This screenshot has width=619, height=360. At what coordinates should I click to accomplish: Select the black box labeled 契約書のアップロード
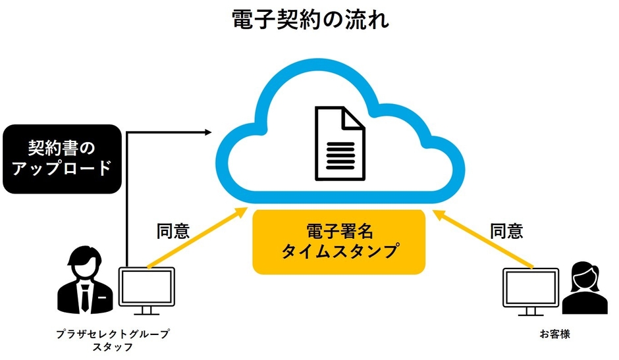[x=63, y=158]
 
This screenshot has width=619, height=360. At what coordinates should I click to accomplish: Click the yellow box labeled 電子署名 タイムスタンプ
[x=339, y=242]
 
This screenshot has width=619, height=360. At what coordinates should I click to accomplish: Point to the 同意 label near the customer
[x=506, y=231]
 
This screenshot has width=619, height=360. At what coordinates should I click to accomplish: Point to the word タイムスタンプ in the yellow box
[x=340, y=251]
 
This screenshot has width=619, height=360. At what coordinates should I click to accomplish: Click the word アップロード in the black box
[x=63, y=168]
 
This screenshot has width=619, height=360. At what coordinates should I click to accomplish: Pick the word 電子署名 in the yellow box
[x=340, y=231]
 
